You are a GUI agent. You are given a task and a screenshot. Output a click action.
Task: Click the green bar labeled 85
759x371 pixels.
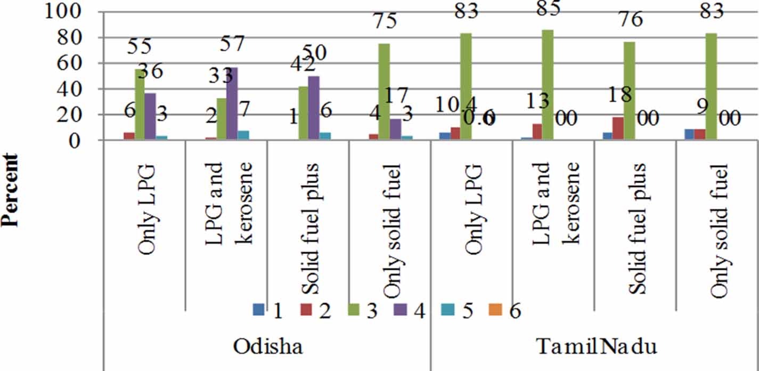pyautogui.click(x=548, y=85)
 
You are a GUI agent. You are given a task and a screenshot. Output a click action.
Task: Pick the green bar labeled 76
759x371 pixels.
pyautogui.click(x=629, y=91)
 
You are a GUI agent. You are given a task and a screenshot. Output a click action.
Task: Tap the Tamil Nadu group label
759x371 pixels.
pyautogui.click(x=595, y=346)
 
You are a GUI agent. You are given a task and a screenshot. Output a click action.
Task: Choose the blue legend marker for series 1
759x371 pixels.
pyautogui.click(x=258, y=309)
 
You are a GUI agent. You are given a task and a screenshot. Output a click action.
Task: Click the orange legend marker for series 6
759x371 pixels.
pyautogui.click(x=495, y=309)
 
